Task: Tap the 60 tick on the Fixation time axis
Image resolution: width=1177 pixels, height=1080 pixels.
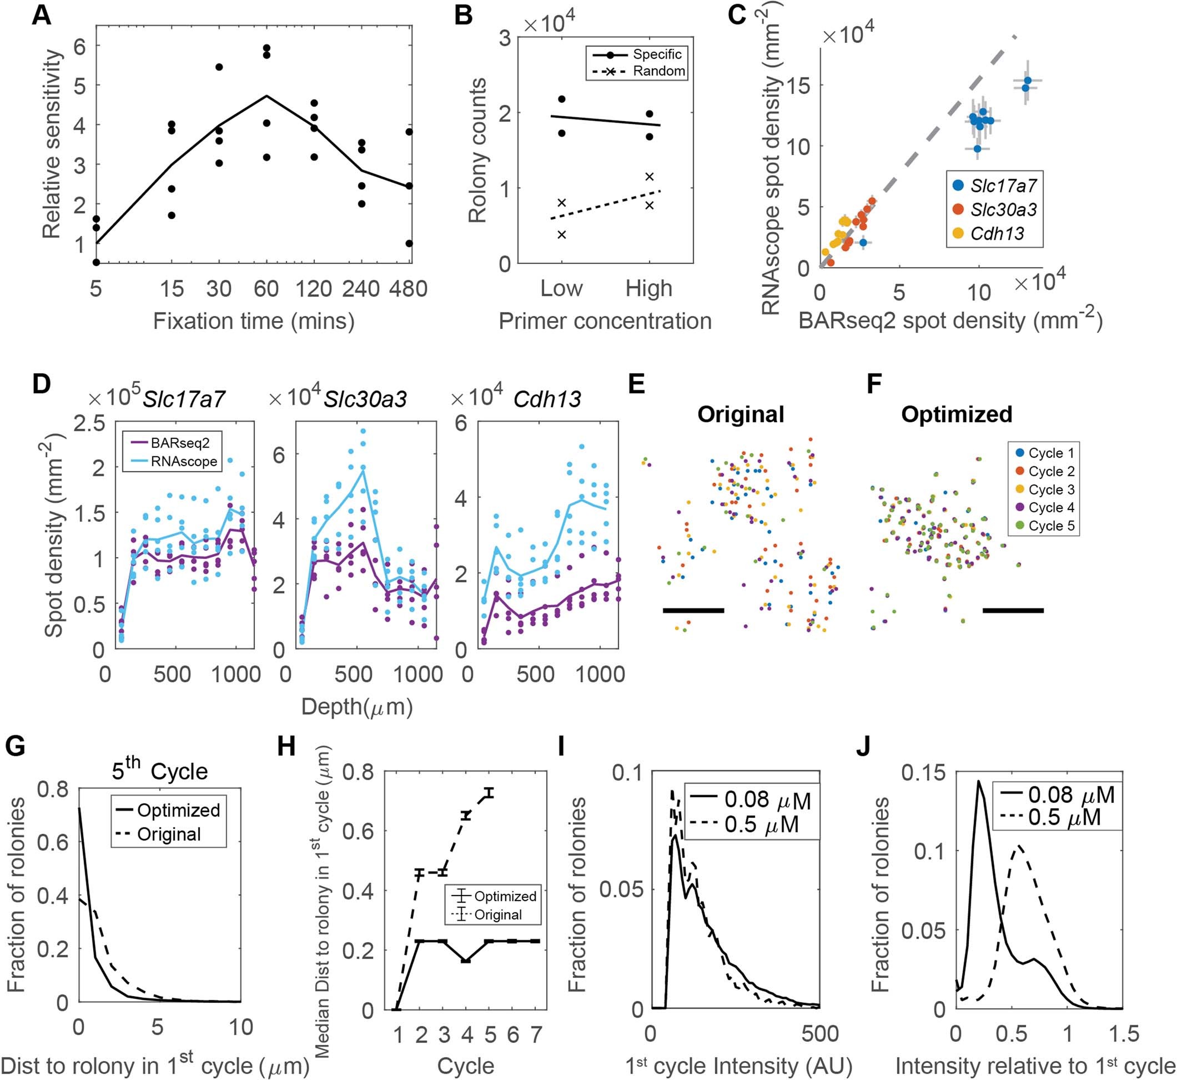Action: coord(266,289)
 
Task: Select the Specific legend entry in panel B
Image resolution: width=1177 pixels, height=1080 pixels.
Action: coord(657,54)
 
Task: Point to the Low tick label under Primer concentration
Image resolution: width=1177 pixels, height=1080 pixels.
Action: coord(561,289)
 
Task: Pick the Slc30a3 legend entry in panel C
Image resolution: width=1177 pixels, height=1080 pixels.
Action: coord(1003,209)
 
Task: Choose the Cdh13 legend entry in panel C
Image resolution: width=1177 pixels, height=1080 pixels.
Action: coord(997,234)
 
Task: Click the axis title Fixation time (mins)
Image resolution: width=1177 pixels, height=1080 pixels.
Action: coord(254,322)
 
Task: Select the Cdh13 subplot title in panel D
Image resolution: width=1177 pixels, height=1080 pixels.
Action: coord(547,399)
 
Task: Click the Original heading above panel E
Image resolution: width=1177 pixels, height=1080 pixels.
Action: coord(741,414)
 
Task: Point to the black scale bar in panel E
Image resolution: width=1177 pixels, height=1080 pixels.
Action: coord(693,611)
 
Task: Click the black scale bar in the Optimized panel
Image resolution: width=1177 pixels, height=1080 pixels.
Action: coord(1013,611)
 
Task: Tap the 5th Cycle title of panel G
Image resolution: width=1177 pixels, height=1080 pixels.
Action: coord(159,771)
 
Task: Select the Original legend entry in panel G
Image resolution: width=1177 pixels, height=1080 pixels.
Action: coord(169,834)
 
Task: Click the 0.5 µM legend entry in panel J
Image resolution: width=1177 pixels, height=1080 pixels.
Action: coord(1059,817)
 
